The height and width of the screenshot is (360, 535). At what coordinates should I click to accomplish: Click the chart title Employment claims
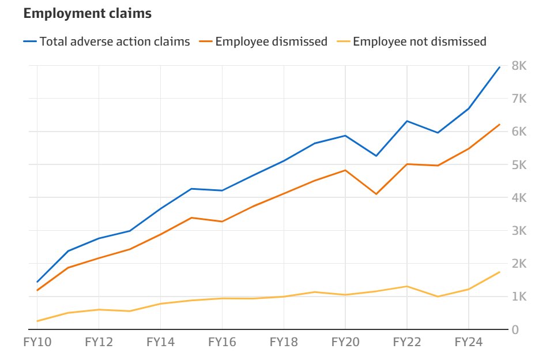point(88,14)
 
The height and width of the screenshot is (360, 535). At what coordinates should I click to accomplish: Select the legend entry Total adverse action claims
point(115,42)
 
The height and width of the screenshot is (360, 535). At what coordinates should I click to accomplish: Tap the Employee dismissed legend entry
point(271,42)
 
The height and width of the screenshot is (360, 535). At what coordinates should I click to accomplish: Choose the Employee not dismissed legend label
point(420,42)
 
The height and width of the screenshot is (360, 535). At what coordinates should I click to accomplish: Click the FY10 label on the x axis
point(37,342)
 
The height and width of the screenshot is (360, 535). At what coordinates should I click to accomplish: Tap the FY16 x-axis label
point(222,342)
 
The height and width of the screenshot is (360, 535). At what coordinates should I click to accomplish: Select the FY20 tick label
point(345,342)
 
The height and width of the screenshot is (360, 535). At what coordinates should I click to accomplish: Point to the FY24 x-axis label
point(469,342)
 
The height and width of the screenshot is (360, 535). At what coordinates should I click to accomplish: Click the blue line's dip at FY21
point(376,156)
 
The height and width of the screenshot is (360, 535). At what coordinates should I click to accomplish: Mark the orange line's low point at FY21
point(376,194)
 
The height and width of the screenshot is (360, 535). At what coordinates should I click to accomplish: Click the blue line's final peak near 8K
point(499,67)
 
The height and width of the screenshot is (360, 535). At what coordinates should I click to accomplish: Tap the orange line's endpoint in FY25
point(499,125)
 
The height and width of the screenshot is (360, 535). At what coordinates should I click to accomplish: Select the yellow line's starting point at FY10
point(37,321)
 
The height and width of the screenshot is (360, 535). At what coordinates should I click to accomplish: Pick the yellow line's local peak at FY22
point(407,286)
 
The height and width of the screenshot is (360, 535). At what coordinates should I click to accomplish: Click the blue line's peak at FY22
point(407,121)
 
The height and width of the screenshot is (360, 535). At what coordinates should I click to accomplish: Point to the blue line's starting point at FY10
point(37,282)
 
